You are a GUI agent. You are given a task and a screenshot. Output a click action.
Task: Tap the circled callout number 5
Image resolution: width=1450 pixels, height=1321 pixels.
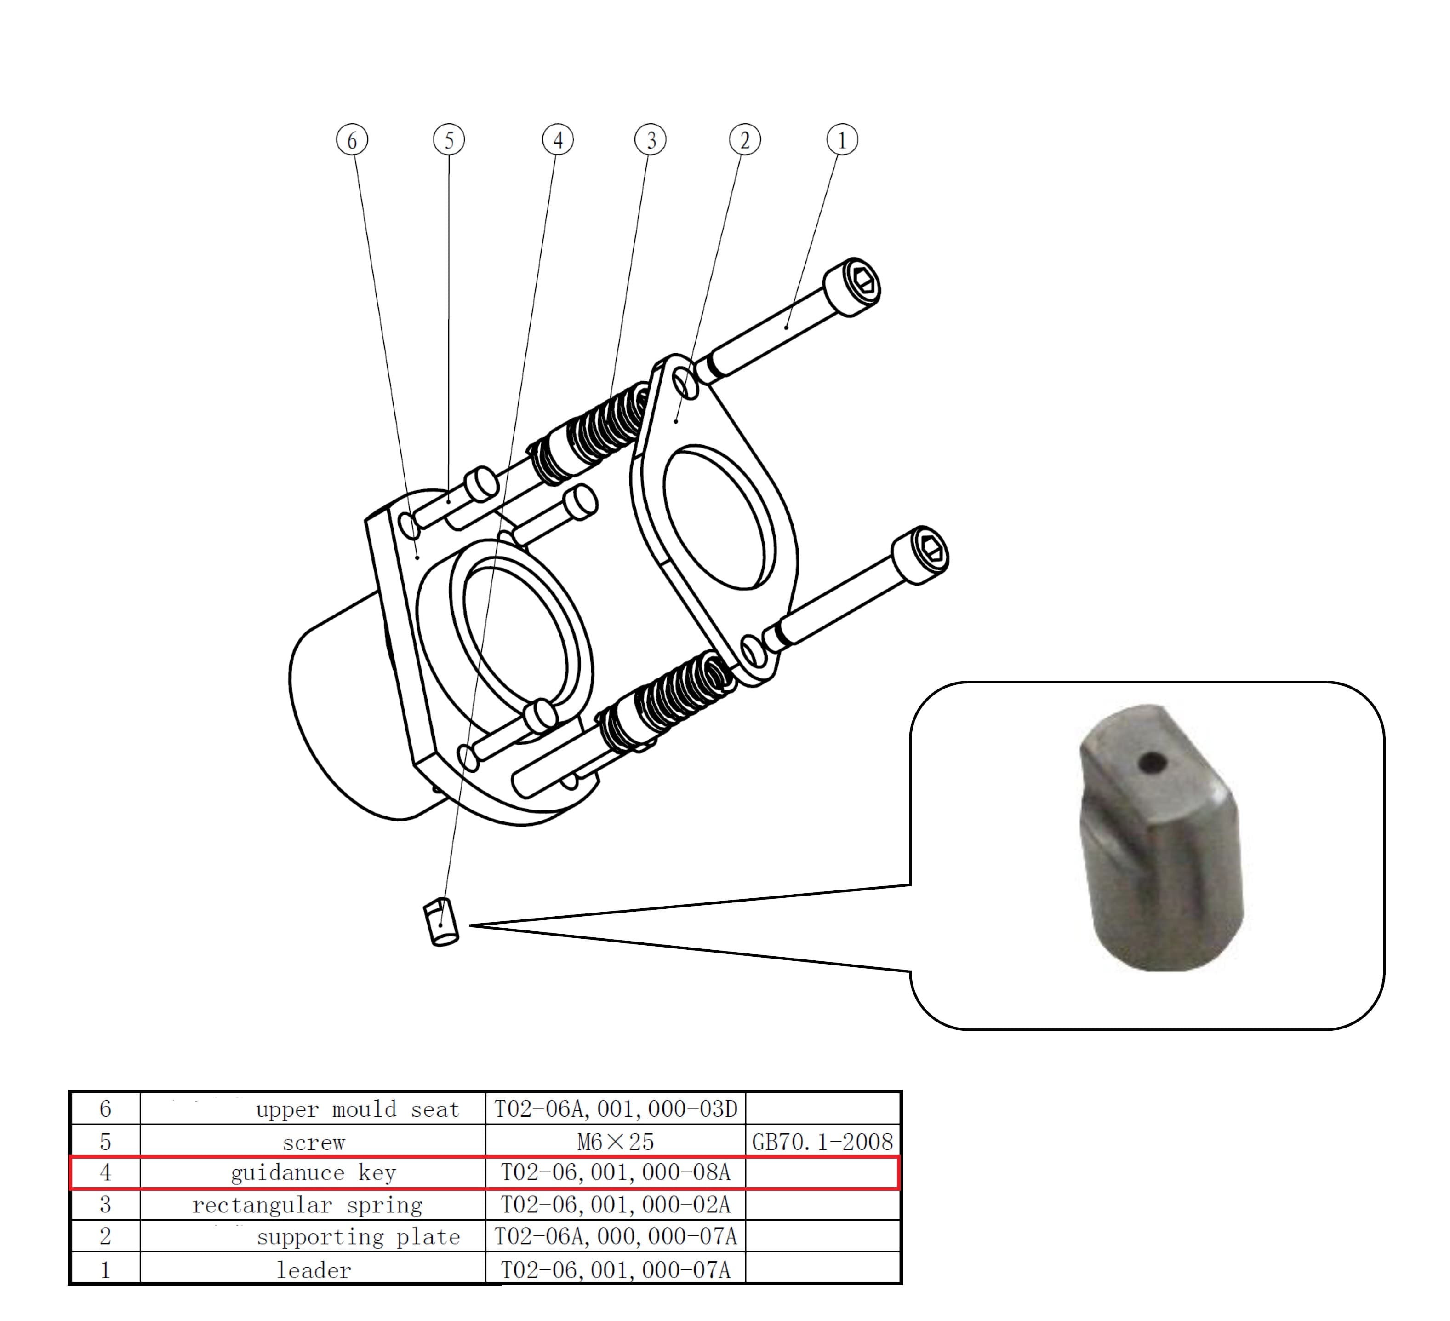point(449,139)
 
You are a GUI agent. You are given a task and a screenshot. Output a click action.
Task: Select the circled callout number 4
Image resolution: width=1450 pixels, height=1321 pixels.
point(558,139)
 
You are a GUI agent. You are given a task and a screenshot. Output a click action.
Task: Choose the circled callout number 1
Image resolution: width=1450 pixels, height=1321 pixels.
point(842,139)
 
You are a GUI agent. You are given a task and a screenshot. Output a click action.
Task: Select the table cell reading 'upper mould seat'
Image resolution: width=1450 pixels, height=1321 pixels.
point(358,1109)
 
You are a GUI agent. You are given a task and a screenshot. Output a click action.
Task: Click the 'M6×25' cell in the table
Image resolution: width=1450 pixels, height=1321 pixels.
point(615,1142)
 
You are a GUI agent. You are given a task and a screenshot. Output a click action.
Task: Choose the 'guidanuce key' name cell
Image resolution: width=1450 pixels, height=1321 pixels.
point(314,1173)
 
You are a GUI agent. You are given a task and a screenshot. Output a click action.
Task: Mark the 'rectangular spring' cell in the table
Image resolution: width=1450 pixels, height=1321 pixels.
point(307,1205)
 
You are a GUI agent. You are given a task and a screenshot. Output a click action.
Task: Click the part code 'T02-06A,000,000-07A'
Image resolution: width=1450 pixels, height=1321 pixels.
point(615,1237)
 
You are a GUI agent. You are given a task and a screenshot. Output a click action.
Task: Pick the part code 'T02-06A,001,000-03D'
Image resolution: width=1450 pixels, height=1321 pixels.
point(615,1109)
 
